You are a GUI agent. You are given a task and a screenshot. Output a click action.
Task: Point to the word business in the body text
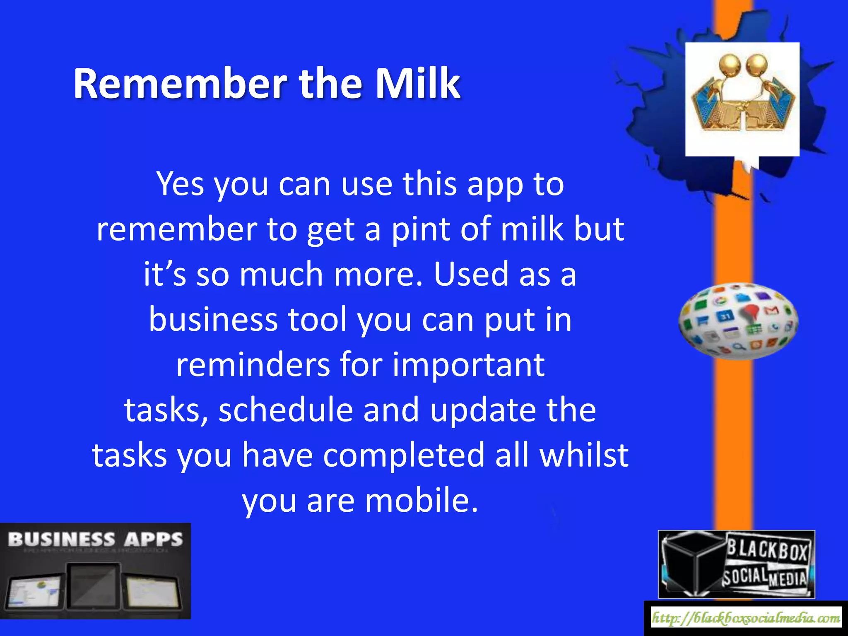pos(213,320)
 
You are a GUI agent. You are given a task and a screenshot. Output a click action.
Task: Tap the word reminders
pos(252,365)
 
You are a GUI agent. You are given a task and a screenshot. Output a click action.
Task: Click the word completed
pos(403,455)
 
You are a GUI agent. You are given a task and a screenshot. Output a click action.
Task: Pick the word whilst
pos(584,455)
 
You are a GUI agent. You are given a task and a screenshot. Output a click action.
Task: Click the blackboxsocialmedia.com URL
pos(746,618)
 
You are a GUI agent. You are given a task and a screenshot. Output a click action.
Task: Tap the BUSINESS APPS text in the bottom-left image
pos(95,540)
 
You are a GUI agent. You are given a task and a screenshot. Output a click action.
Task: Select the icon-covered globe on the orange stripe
pos(738,321)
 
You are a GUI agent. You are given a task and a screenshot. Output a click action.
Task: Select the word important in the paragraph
pos(468,365)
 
